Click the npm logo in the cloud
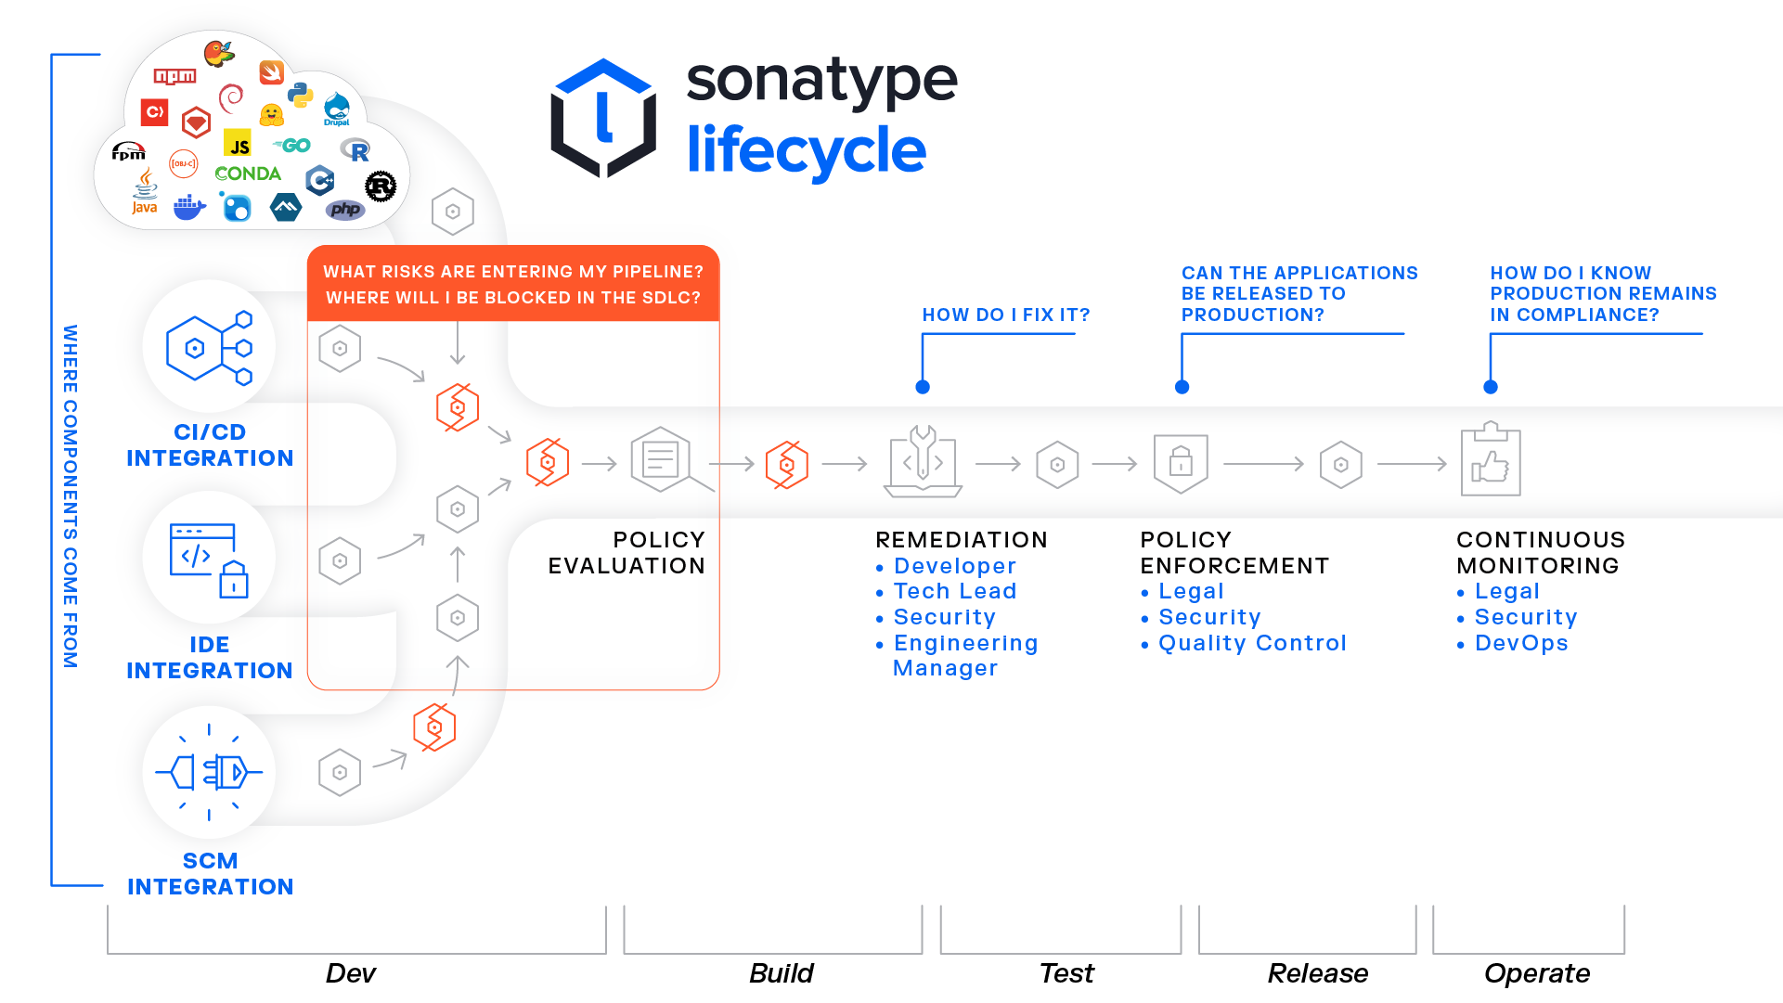174,76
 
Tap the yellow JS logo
239,145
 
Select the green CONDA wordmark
247,174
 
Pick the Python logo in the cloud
300,95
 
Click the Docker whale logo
189,208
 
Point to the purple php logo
345,210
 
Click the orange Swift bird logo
271,71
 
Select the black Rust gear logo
381,186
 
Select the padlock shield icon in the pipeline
1181,462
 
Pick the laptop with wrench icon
923,462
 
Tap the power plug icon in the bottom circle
209,772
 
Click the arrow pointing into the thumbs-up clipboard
1412,463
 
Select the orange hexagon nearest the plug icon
434,727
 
